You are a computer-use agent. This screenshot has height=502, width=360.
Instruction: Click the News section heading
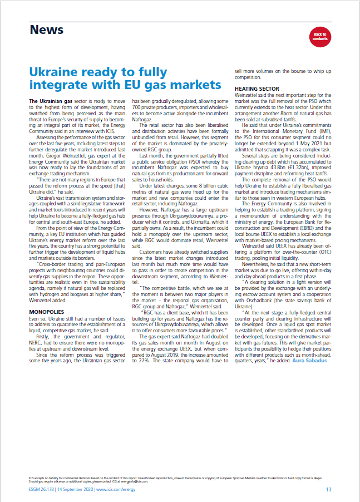tap(47, 29)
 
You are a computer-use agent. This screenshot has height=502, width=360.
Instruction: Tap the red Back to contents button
tap(319, 37)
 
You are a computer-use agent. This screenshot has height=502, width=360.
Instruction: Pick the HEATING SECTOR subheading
tap(257, 88)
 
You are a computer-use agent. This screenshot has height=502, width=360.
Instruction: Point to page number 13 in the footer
tap(328, 490)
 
